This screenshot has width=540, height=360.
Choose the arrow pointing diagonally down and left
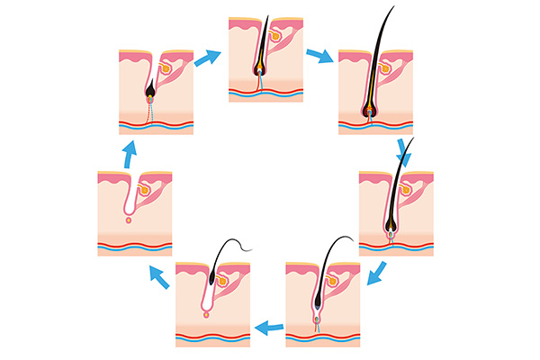(380, 269)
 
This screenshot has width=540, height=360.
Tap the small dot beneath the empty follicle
(129, 220)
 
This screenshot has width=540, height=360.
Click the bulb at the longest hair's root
(370, 112)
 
